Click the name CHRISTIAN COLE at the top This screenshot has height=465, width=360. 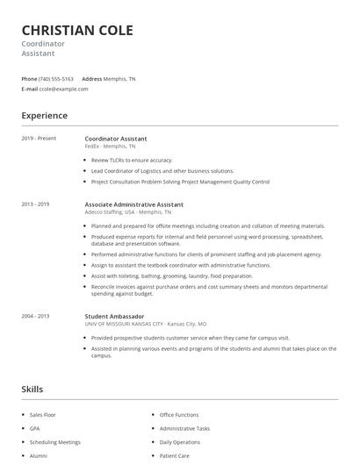coord(77,31)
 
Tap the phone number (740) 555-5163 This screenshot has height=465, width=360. coord(56,78)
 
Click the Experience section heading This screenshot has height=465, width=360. coord(44,116)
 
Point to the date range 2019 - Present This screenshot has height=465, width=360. coord(38,139)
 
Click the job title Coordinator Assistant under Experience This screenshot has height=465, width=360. coord(116,139)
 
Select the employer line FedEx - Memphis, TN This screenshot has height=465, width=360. coord(112,147)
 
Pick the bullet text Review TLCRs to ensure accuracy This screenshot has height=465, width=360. coord(133,161)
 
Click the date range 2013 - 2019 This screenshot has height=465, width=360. coord(36,204)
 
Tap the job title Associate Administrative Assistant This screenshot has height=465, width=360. coord(133,204)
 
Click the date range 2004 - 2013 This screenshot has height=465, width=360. coord(36,316)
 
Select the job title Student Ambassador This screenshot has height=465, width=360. coord(114,316)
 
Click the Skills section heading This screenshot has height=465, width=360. coord(32,389)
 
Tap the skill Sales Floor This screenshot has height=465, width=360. coord(44,414)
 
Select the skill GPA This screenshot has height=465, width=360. coord(35,428)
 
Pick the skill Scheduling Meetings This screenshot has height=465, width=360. coord(54,442)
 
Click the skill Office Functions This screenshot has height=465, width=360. coord(179,414)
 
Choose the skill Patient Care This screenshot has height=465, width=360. coord(174,456)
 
